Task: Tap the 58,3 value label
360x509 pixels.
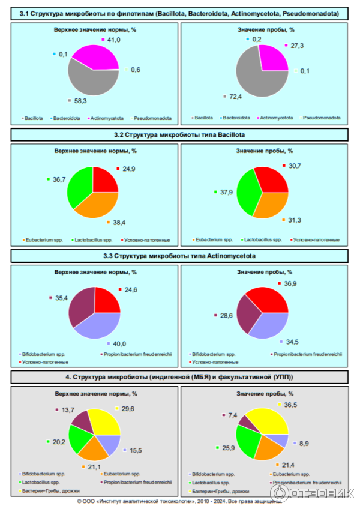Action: (x=79, y=100)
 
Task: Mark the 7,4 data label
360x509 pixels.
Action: (x=232, y=415)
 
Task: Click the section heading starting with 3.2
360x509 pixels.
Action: (x=180, y=134)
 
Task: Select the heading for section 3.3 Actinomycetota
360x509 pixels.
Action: (x=180, y=256)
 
